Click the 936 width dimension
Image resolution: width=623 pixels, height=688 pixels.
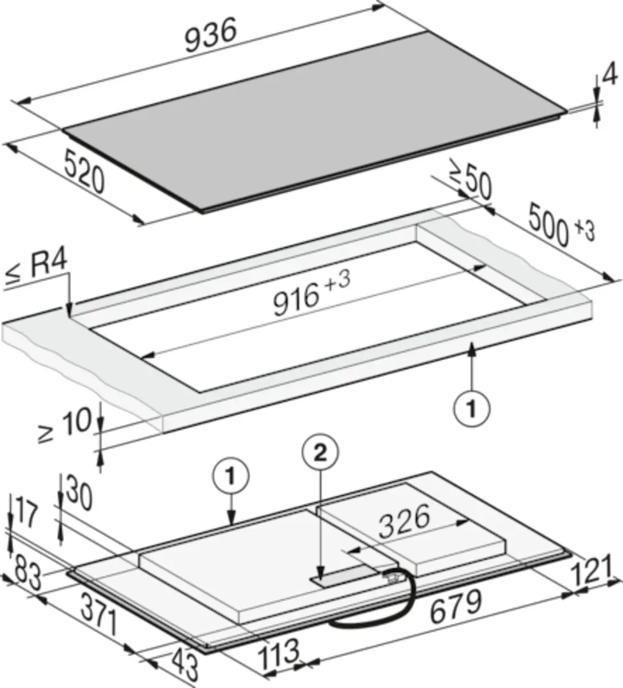click(x=210, y=35)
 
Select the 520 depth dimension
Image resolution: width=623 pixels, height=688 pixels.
click(x=84, y=171)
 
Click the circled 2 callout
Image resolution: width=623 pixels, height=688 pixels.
click(x=320, y=455)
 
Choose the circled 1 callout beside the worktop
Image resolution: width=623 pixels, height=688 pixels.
click(x=472, y=408)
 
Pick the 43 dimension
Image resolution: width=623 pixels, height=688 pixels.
click(x=185, y=664)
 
